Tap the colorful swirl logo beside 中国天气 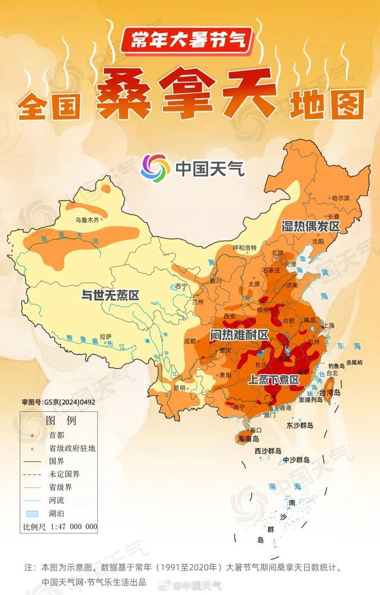tap(155, 167)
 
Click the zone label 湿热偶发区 tap(310, 226)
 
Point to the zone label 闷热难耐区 tap(239, 335)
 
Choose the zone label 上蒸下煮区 tap(273, 380)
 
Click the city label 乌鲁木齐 tap(87, 219)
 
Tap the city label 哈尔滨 tap(340, 197)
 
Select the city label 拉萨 tap(106, 336)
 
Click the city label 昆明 tap(180, 388)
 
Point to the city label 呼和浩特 tap(244, 248)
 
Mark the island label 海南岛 tap(248, 439)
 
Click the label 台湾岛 tap(329, 392)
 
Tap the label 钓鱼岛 tap(337, 366)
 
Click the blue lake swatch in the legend tap(33, 513)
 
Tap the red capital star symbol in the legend tap(33, 435)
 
